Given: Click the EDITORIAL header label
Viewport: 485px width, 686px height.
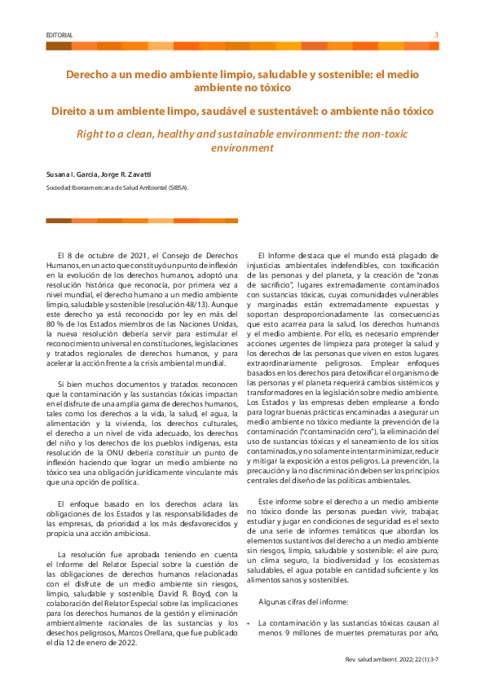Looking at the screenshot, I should coord(60,36).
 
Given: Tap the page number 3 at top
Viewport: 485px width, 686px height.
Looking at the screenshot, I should coord(436,35).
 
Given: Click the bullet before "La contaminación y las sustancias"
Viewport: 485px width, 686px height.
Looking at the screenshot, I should coord(248,622).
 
